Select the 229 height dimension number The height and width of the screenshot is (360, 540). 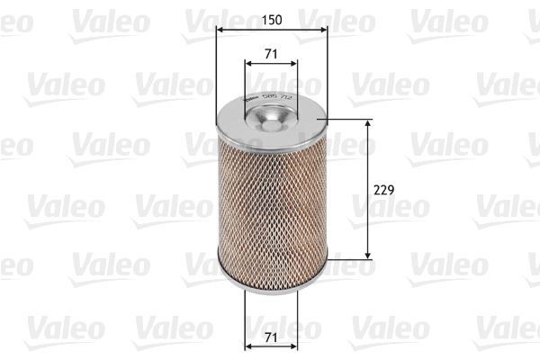point(383,191)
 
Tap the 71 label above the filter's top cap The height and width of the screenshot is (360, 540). point(272,55)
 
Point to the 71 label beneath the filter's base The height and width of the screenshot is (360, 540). point(272,338)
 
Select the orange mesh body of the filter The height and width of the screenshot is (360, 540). point(272,207)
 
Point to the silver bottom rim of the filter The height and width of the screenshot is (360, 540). point(272,285)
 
